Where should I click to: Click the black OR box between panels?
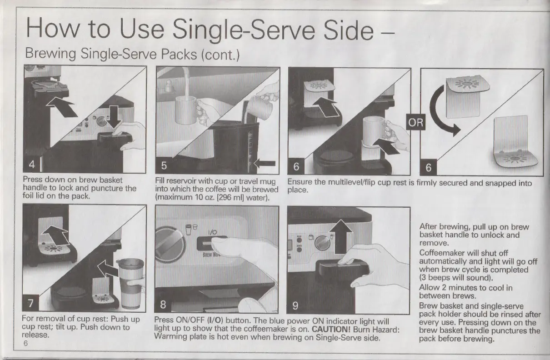tap(416, 122)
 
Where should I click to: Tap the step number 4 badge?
tap(31, 164)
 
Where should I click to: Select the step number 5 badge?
tap(164, 165)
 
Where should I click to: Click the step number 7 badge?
tap(31, 303)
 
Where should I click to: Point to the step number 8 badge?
tap(163, 305)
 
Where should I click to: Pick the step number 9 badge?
tap(295, 305)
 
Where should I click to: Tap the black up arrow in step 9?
tap(340, 236)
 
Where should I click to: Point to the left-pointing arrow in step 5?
tap(265, 163)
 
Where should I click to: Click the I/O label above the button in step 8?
tap(213, 232)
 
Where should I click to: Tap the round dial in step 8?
tap(170, 245)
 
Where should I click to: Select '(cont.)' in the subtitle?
tap(220, 55)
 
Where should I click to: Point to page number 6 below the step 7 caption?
tap(25, 343)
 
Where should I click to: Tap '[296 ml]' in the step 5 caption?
tap(230, 198)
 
